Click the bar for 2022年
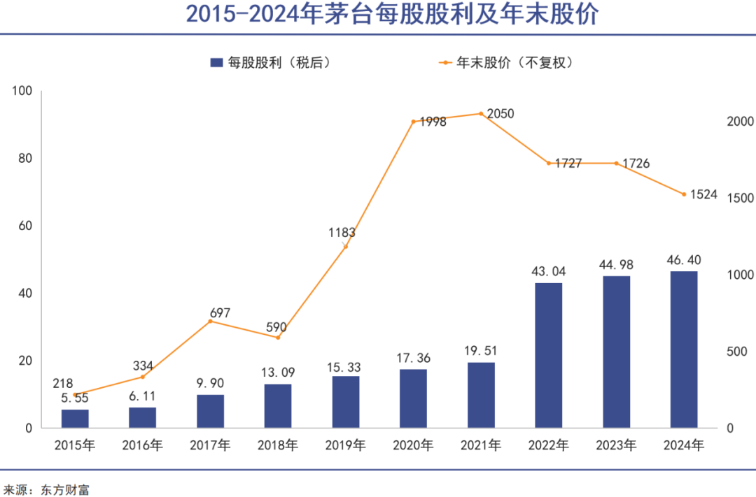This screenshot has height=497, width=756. pyautogui.click(x=548, y=355)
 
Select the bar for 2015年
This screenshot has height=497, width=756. pyautogui.click(x=75, y=418)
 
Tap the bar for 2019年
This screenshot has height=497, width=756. pyautogui.click(x=346, y=402)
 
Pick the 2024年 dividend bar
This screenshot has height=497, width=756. pyautogui.click(x=684, y=350)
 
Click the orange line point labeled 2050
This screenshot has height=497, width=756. pyautogui.click(x=481, y=113)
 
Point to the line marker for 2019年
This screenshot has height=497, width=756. pyautogui.click(x=346, y=246)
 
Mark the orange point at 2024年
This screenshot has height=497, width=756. pyautogui.click(x=684, y=194)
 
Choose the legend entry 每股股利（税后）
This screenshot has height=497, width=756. pyautogui.click(x=270, y=62)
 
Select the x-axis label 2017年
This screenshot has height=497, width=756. pyautogui.click(x=210, y=445)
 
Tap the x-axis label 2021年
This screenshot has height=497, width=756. pyautogui.click(x=481, y=445)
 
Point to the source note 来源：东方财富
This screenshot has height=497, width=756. pyautogui.click(x=46, y=489)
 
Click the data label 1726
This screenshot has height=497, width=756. pyautogui.click(x=635, y=164)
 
